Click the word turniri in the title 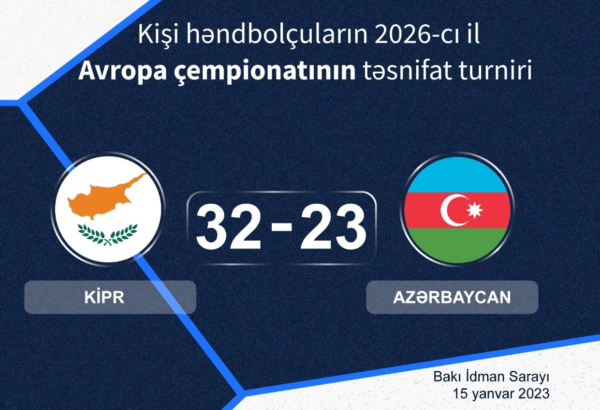coord(493,71)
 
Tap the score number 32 coord(229,227)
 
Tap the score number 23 coord(333,227)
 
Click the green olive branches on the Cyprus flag coord(107,235)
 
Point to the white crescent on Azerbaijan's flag coord(453,210)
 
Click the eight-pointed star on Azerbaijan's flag coord(475,210)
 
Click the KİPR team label coord(104,297)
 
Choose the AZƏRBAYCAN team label coord(452,297)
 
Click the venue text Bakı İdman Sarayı coord(492,377)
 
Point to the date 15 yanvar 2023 coord(501,394)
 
